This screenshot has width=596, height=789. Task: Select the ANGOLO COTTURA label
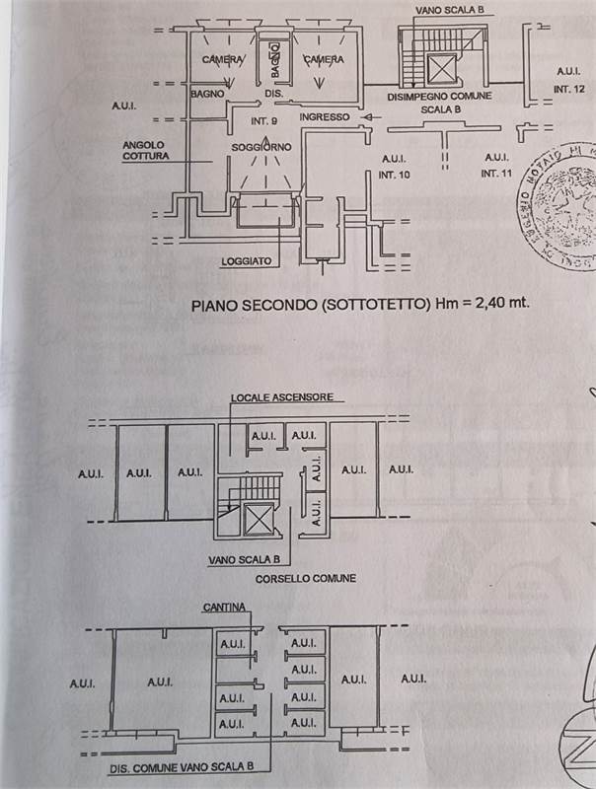(x=145, y=150)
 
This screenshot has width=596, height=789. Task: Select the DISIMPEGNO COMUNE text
(x=439, y=97)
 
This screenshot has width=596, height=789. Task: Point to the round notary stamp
(x=559, y=203)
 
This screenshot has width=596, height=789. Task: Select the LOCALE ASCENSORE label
(x=281, y=397)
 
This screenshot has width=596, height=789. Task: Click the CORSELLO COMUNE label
(x=305, y=578)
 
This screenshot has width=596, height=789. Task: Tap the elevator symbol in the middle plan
(x=261, y=516)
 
